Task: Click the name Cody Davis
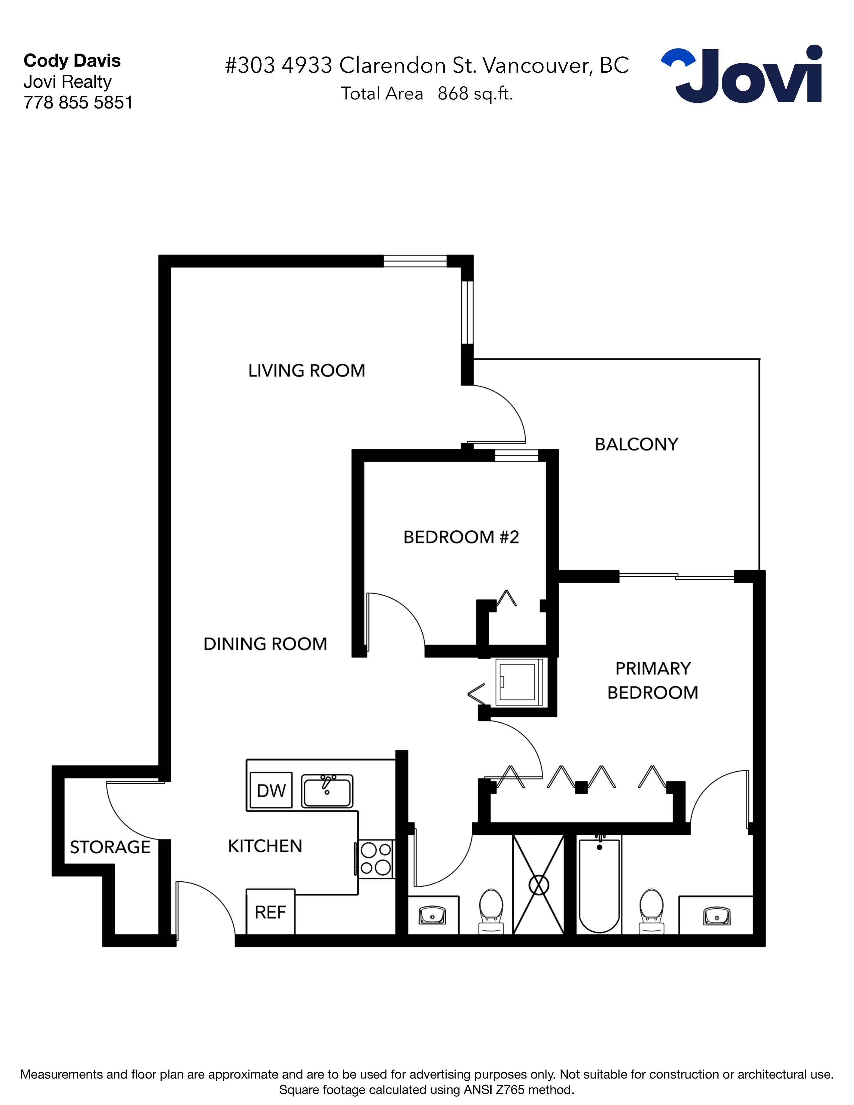click(x=72, y=61)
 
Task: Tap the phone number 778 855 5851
click(x=78, y=103)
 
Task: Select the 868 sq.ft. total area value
click(x=475, y=94)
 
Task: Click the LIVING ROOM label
click(x=306, y=371)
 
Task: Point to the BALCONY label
click(x=636, y=445)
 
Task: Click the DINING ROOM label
click(x=265, y=644)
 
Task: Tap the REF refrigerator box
click(x=270, y=912)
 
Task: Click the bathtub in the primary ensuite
click(x=599, y=885)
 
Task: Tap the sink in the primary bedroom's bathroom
click(x=717, y=916)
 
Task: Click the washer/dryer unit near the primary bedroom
click(x=518, y=682)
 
